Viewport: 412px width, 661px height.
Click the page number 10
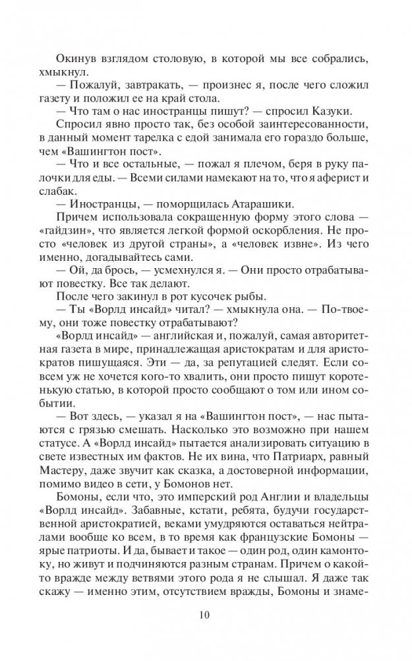[x=204, y=615]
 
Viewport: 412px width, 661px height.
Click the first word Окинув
[x=76, y=59]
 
